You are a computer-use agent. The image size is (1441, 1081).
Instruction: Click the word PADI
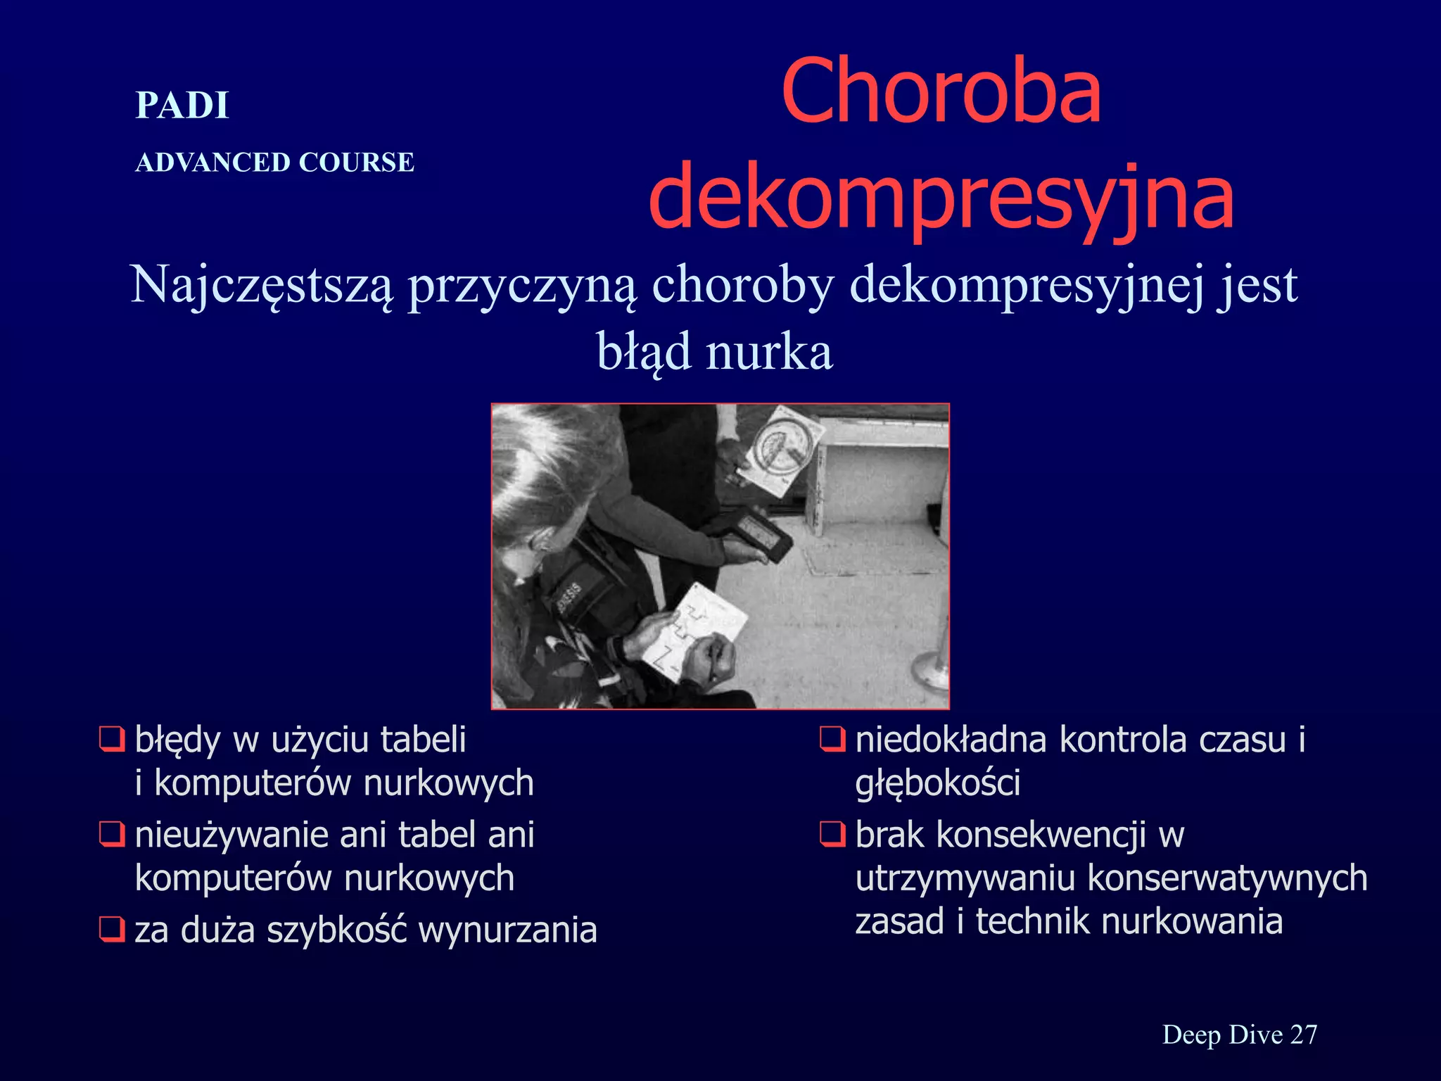[182, 106]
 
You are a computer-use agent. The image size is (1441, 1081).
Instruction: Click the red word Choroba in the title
[941, 91]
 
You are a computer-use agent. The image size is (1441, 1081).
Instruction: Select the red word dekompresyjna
[941, 197]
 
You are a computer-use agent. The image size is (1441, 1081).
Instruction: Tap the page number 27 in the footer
[1304, 1035]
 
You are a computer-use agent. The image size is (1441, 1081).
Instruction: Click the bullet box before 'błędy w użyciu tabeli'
[111, 740]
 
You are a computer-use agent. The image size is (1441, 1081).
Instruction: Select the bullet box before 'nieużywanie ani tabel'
[111, 835]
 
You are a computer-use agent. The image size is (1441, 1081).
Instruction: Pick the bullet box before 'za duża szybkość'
[111, 930]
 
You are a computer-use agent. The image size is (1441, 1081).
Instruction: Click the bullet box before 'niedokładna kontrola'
[832, 740]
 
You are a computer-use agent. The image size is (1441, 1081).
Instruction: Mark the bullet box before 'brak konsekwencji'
[832, 835]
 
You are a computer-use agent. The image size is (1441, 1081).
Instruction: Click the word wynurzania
[507, 930]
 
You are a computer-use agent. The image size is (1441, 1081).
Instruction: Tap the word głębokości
[937, 783]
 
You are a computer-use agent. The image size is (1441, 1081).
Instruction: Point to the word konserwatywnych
[1227, 878]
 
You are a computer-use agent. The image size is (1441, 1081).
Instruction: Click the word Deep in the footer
[1191, 1035]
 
